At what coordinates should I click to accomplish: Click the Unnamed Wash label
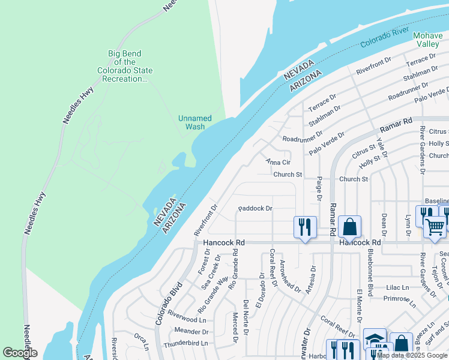pos(195,122)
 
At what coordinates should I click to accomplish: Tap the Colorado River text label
pos(385,37)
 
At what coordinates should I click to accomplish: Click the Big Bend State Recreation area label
pos(125,66)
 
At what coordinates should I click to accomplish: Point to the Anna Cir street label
pos(278,162)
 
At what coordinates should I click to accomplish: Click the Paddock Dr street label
pos(255,209)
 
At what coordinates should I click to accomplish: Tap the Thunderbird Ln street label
pos(188,343)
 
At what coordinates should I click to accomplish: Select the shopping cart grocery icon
pos(435,226)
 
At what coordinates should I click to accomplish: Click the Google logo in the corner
pos(19,353)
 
